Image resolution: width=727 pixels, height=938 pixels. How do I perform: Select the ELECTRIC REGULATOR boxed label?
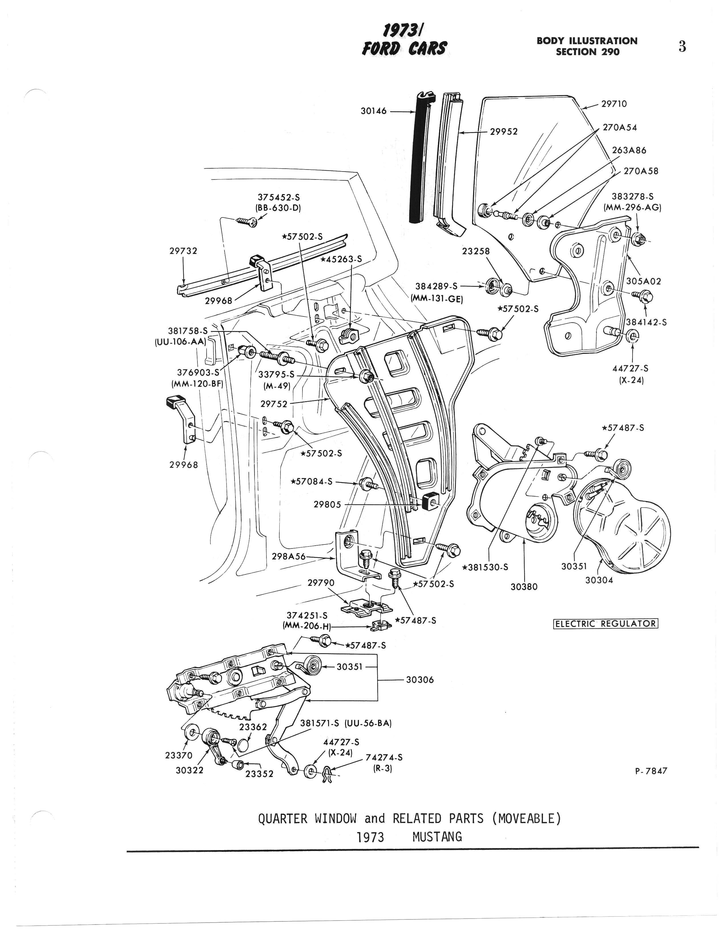point(605,623)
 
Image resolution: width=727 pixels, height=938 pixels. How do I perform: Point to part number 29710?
point(614,104)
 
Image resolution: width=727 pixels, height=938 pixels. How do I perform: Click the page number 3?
point(682,47)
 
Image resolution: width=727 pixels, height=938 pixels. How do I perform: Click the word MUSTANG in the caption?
point(437,837)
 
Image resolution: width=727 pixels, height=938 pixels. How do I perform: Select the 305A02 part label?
point(643,281)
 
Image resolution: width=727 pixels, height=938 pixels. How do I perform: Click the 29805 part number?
point(327,505)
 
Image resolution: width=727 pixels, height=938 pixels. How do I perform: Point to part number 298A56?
point(288,557)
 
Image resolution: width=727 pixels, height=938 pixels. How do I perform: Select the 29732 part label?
point(183,251)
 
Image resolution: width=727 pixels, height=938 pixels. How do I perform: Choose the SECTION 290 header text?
point(587,52)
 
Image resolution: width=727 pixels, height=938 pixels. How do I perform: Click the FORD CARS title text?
point(405,48)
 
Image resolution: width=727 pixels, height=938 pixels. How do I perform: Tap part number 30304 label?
point(599,580)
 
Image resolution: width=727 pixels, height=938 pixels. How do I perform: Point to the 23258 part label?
point(476,251)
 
